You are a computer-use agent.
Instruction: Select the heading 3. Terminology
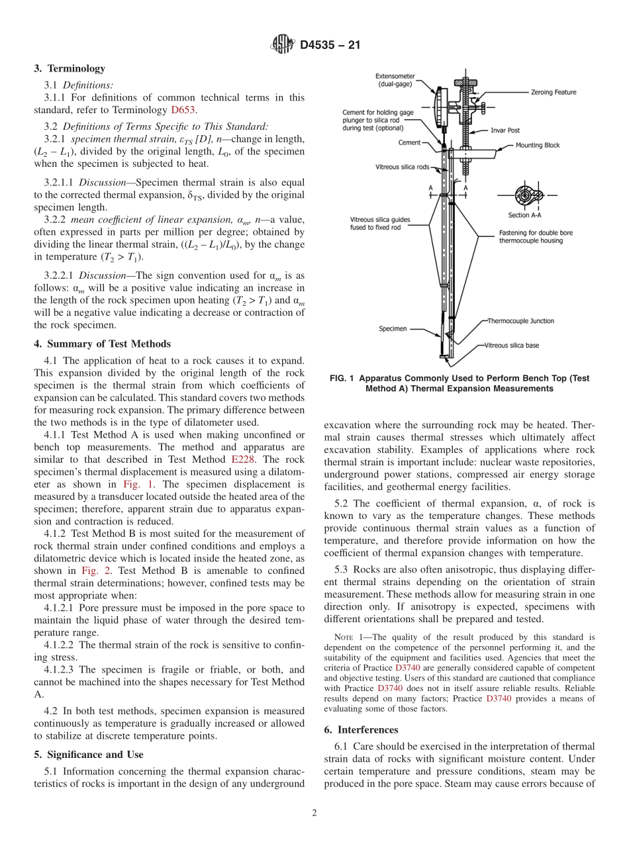click(x=70, y=69)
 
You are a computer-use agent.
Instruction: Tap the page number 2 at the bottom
click(x=314, y=814)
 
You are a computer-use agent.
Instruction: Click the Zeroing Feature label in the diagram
click(x=554, y=92)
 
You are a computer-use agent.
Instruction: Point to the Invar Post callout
click(x=506, y=131)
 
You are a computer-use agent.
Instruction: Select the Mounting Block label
click(x=537, y=146)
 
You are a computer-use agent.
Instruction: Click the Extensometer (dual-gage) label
click(x=395, y=80)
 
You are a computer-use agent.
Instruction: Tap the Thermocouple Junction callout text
click(x=520, y=321)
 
